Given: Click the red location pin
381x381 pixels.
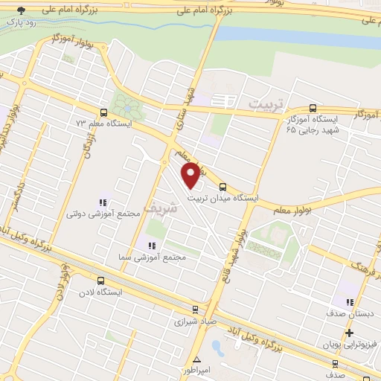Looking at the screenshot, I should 191,175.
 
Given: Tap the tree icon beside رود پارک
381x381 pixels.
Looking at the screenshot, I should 21,10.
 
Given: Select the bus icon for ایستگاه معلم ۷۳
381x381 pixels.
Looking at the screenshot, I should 102,112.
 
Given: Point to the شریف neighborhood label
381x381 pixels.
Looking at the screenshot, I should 162,208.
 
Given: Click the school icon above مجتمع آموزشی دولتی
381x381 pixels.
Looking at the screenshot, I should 103,202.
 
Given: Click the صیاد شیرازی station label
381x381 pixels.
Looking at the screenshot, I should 193,322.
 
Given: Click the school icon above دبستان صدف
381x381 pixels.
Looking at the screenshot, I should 349,301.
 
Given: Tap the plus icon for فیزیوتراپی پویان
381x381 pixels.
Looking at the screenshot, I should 349,333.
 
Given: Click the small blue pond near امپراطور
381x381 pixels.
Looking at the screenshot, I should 217,346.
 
